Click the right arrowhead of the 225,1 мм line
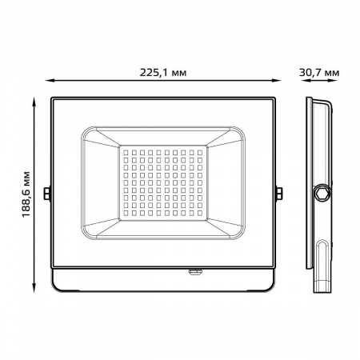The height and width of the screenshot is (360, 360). click(x=285, y=81)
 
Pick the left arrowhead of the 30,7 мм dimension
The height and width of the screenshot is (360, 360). click(x=308, y=81)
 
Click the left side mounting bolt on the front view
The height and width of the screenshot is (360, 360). click(x=47, y=193)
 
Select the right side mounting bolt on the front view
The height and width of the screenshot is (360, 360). click(x=279, y=193)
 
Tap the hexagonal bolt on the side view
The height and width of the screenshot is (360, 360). click(x=322, y=193)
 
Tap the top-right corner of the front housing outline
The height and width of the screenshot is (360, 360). click(x=277, y=98)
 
